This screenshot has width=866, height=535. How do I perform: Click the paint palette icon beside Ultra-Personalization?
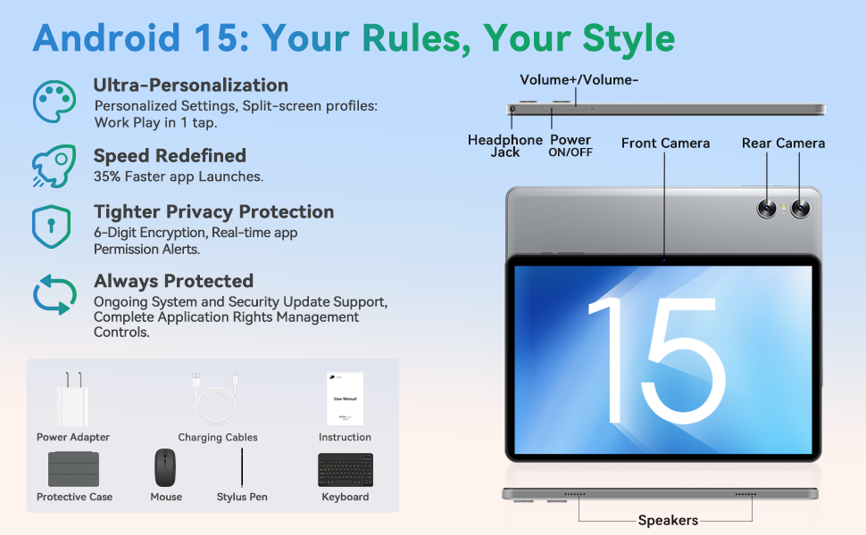tap(54, 102)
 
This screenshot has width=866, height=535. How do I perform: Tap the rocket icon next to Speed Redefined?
tap(54, 166)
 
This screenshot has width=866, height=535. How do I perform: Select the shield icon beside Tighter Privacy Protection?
tap(52, 226)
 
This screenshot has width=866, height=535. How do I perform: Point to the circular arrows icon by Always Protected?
tap(54, 294)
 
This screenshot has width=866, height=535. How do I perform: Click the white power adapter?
tap(72, 399)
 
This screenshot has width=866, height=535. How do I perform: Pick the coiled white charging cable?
tap(216, 399)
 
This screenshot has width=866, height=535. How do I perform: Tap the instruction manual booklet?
tap(346, 399)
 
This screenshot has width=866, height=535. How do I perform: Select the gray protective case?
tap(73, 469)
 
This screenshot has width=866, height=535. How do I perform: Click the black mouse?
tap(165, 468)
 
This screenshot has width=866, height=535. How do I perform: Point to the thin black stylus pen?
tap(242, 468)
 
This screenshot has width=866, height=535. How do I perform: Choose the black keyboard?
tap(346, 470)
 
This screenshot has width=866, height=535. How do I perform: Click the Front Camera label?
tap(665, 144)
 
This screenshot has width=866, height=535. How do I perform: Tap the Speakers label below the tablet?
tap(668, 520)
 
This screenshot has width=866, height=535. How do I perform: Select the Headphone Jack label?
tap(505, 146)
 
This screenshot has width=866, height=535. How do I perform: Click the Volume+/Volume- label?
tap(579, 80)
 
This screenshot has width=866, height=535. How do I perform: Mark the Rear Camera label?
tap(783, 144)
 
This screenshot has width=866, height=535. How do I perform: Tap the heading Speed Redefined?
tap(170, 156)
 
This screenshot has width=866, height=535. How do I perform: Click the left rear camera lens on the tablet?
tap(767, 209)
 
